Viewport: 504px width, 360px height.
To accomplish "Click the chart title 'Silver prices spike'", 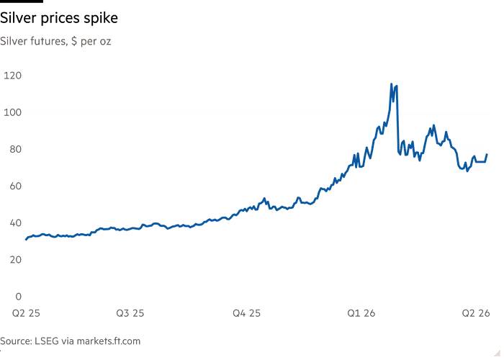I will (60, 17).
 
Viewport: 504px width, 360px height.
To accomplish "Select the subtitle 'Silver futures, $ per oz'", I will (55, 41).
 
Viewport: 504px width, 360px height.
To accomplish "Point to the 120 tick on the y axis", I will (14, 76).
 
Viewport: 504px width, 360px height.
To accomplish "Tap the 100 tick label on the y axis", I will (14, 112).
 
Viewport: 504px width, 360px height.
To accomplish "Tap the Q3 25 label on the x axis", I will (130, 313).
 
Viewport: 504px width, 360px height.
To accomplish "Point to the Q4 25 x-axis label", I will (245, 313).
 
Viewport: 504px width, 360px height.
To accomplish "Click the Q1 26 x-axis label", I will (361, 313).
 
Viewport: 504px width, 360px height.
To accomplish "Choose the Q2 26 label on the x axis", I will (475, 313).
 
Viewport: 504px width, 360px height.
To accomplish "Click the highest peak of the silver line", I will (392, 84).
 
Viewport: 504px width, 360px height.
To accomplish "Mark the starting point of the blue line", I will (26, 239).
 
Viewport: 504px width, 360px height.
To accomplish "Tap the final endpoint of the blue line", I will (487, 154).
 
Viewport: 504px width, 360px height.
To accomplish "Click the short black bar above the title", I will (22, 1).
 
